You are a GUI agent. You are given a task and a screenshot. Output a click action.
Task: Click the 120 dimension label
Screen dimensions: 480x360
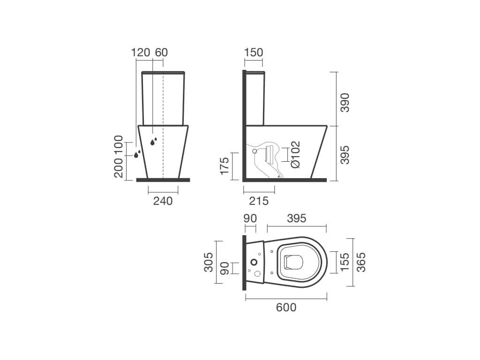pos(141,52)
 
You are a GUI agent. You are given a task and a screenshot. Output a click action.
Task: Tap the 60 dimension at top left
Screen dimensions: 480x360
pos(161,52)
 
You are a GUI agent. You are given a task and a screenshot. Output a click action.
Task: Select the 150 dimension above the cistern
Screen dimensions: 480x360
pos(254,52)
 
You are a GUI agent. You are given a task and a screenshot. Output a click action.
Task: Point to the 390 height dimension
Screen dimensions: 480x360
pos(345,103)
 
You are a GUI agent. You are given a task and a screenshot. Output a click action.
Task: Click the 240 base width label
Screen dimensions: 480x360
pos(163,201)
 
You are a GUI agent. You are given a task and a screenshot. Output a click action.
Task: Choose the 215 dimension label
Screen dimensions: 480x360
pos(259,201)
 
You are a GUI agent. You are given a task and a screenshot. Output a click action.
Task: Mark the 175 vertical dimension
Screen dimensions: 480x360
pos(225,165)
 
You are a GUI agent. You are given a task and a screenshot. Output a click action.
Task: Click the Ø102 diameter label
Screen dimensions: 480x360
pos(295,154)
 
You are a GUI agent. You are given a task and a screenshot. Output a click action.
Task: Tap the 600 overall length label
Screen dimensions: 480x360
pos(286,307)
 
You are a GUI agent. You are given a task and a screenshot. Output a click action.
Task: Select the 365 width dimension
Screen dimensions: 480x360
pos(361,262)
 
